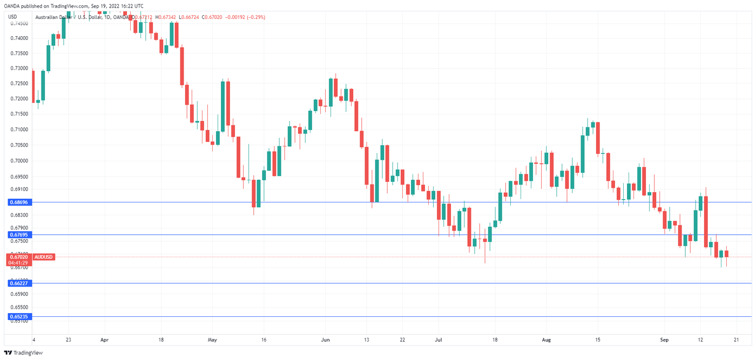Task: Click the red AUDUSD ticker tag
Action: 43,257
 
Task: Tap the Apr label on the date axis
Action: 105,340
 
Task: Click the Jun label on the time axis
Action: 325,340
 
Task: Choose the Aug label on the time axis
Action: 547,340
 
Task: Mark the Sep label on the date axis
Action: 665,340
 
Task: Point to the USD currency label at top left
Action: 12,17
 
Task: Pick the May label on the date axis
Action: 212,340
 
